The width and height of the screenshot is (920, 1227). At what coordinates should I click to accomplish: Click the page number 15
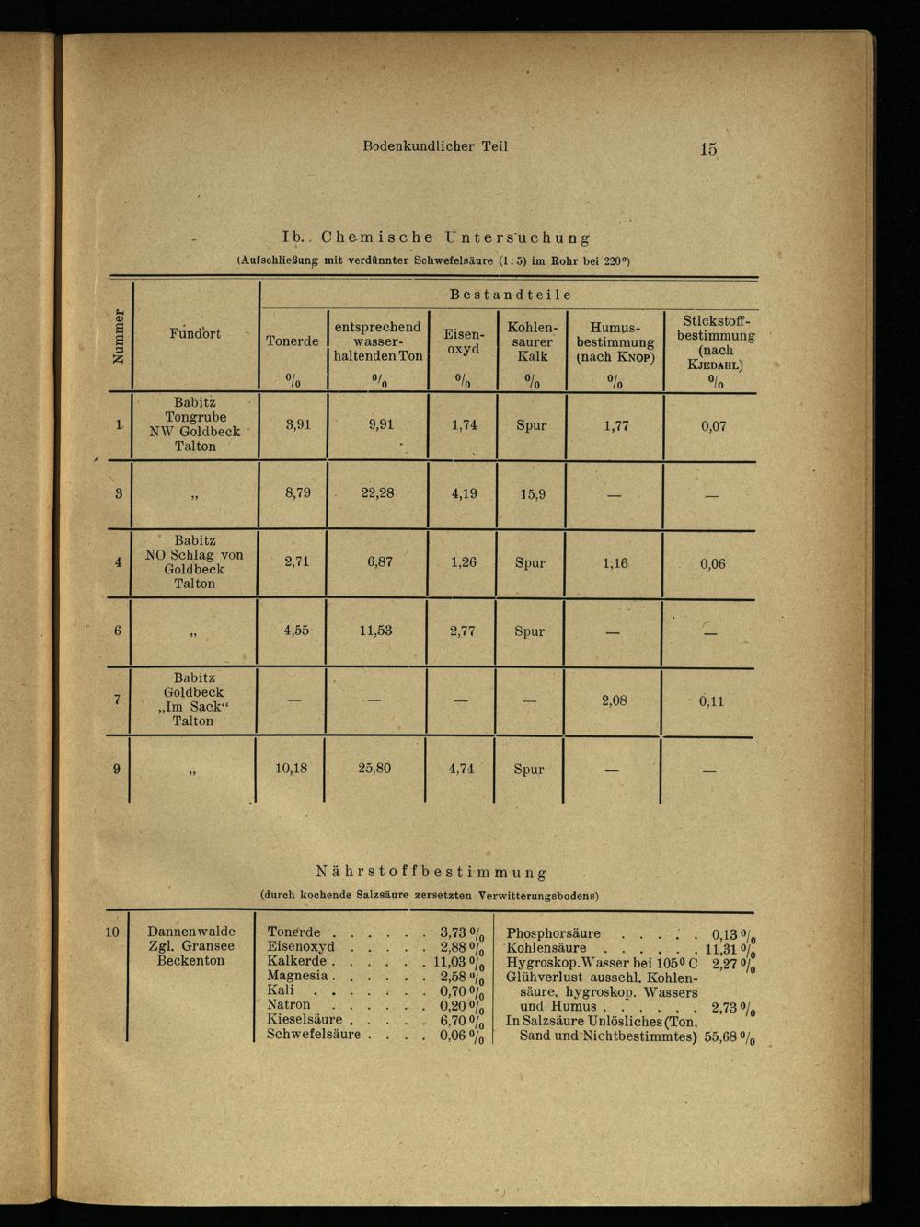pyautogui.click(x=707, y=148)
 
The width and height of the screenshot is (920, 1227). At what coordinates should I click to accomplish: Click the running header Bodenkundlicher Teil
pyautogui.click(x=435, y=145)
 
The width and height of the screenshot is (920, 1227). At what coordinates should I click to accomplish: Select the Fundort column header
pyautogui.click(x=194, y=333)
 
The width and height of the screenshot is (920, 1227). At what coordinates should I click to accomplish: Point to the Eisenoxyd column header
pyautogui.click(x=463, y=341)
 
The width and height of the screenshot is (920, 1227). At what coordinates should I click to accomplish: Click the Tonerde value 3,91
pyautogui.click(x=296, y=424)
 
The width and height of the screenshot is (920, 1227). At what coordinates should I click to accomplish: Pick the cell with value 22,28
pyautogui.click(x=377, y=492)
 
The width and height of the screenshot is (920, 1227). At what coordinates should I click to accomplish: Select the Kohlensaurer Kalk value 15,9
pyautogui.click(x=532, y=494)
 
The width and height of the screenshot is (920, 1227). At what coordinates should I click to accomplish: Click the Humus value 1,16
pyautogui.click(x=615, y=562)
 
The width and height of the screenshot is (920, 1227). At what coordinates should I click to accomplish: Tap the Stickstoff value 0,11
pyautogui.click(x=711, y=700)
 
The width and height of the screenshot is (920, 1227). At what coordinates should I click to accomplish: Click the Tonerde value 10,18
pyautogui.click(x=293, y=768)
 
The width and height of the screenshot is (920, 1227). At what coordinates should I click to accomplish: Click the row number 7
pyautogui.click(x=117, y=700)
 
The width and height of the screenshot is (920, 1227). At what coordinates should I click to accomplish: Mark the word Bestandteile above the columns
pyautogui.click(x=511, y=295)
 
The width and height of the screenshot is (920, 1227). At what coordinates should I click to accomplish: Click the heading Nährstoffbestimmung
pyautogui.click(x=431, y=870)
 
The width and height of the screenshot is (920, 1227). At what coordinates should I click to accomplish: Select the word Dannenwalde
pyautogui.click(x=191, y=931)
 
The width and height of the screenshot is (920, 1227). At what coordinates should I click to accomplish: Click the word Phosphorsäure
pyautogui.click(x=554, y=932)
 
